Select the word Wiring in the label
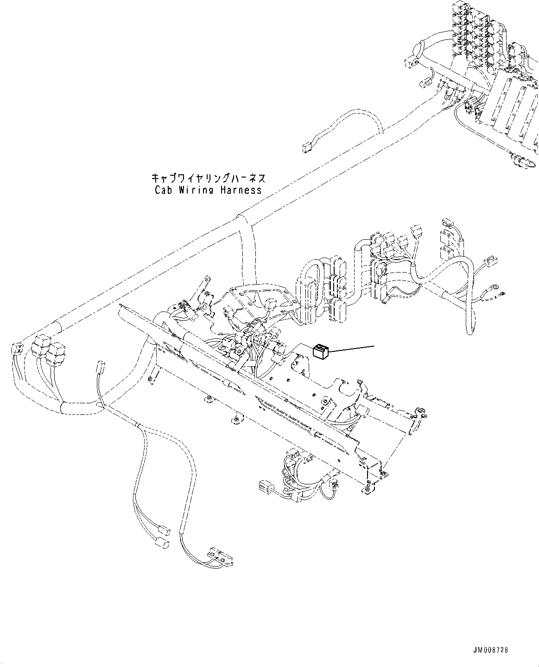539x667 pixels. [x=197, y=190]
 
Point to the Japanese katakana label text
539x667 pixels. [x=208, y=178]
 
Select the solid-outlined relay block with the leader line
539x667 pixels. [x=320, y=351]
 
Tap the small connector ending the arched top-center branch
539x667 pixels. [x=305, y=148]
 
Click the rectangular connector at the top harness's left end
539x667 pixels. [x=410, y=59]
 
